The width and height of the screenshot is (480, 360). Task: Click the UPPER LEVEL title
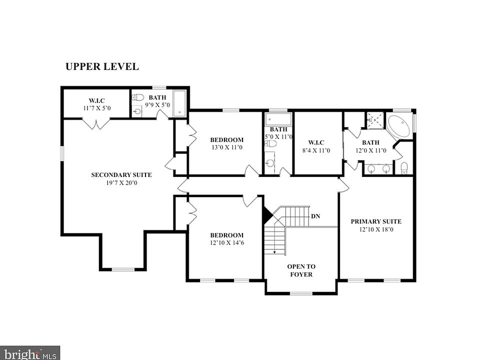tap(102, 66)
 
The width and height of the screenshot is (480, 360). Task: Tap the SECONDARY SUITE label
tap(121, 175)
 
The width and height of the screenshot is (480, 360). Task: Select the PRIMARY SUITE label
tap(376, 221)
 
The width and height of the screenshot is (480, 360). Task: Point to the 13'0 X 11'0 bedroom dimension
tap(227, 147)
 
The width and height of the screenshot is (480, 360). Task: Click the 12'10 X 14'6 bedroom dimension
tap(227, 243)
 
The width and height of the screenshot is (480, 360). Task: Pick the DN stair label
tap(315, 216)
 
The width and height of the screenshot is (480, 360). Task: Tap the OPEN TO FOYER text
tap(301, 270)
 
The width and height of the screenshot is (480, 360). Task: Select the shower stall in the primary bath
tap(375, 120)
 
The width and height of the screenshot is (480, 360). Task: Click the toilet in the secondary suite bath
tap(138, 97)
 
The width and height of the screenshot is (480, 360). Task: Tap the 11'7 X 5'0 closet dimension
tap(96, 108)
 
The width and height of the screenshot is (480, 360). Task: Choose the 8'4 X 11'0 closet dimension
tap(316, 150)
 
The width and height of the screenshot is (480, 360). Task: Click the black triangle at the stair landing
tap(267, 214)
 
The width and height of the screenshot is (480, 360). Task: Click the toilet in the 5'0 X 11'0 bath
tap(271, 143)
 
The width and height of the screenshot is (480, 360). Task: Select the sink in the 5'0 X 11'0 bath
tap(269, 163)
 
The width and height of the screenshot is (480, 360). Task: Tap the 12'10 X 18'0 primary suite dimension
tap(376, 229)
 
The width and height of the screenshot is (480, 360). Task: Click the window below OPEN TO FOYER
tap(301, 293)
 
